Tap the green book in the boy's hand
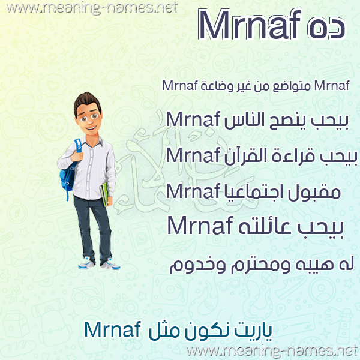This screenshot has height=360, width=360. [x=104, y=194]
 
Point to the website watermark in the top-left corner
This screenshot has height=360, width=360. [x=92, y=8]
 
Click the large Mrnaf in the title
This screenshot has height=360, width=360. [x=250, y=25]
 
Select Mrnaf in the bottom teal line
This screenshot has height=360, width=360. [x=113, y=329]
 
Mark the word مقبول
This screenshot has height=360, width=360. [x=314, y=193]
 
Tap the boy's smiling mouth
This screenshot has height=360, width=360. [x=91, y=127]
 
